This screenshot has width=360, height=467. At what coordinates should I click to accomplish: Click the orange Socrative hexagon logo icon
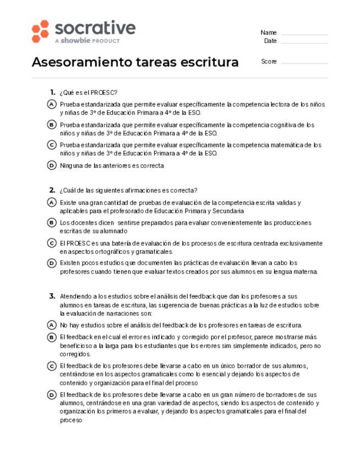coord(40,31)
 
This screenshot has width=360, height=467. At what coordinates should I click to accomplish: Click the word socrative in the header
coord(95,28)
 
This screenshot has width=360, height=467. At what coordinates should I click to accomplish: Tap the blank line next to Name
coord(304,33)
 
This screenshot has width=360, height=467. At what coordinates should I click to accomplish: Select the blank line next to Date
coord(304,41)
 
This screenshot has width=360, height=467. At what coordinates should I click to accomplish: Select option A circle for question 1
coord(52,104)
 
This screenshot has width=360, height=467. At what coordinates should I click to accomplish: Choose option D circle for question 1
coord(52,165)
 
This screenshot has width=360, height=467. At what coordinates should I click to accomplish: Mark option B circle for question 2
coord(52,222)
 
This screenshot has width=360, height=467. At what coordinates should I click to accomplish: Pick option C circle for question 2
coord(52,243)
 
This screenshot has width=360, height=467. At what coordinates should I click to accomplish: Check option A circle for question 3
coord(52,325)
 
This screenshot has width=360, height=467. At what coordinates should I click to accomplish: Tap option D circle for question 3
coord(52,394)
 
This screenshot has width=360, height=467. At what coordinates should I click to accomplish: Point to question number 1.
coord(52,93)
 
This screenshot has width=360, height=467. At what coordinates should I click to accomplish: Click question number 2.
coord(52,191)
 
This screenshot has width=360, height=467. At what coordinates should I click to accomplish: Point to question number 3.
coord(52,296)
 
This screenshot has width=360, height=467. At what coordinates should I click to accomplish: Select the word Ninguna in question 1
coord(71,165)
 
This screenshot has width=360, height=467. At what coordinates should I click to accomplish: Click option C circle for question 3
coord(52,366)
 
